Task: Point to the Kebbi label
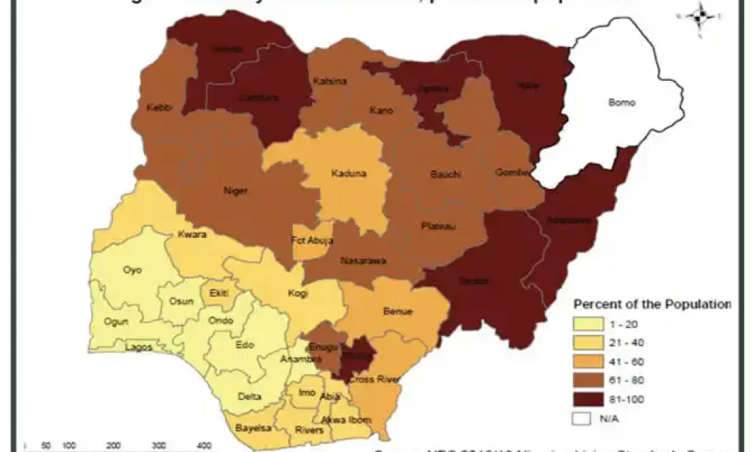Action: [x=160, y=107]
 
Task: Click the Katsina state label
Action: [x=326, y=81]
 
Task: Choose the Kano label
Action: [x=382, y=111]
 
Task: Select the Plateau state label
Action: [x=439, y=226]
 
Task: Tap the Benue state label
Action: [x=398, y=311]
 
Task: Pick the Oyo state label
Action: [x=132, y=270]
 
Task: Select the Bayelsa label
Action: [x=250, y=427]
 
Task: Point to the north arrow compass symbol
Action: [x=700, y=12]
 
